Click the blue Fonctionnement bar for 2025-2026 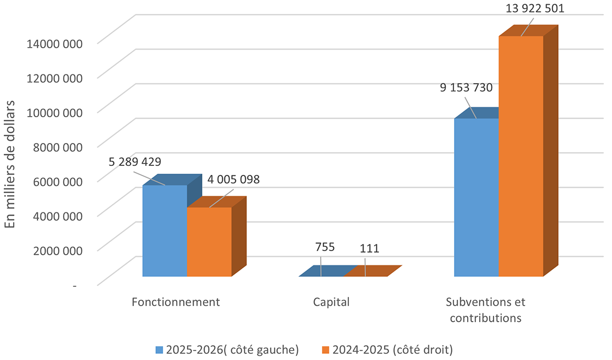point(165,230)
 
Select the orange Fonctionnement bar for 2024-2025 point(209,242)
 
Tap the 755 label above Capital point(324,246)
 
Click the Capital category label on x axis point(331,302)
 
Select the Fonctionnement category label point(176,302)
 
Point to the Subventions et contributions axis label point(485,310)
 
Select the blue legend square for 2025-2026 point(159,349)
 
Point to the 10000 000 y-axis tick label point(54,113)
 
